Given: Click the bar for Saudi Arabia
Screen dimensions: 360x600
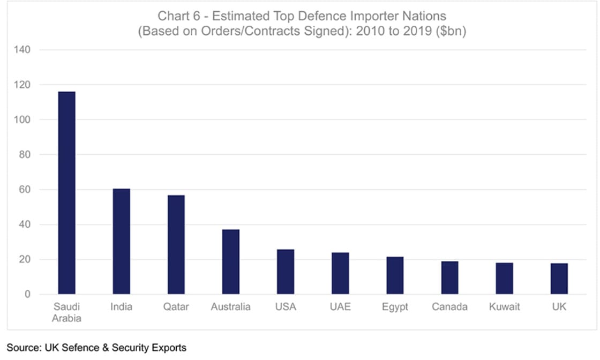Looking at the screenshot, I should coord(66,193).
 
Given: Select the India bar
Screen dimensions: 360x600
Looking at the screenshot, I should coord(121,242).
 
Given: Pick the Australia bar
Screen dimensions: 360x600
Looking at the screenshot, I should coord(230,262).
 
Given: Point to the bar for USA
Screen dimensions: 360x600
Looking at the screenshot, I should coord(285,272).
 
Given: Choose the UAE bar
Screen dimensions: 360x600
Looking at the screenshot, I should coord(340,274).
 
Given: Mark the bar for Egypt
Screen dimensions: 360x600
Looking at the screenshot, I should coord(395,276).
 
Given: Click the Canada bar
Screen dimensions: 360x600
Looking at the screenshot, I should coord(449,278).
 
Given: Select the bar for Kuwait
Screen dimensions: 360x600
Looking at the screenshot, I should coord(504,279).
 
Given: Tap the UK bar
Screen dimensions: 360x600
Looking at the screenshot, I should coord(559,279).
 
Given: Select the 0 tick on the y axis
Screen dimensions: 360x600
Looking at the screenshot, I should coord(28,295).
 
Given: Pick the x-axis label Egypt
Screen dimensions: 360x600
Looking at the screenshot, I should coord(395,307).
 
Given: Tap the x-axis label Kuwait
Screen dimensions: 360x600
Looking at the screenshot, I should coord(504,307).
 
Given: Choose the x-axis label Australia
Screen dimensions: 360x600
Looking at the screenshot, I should coord(230,307).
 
